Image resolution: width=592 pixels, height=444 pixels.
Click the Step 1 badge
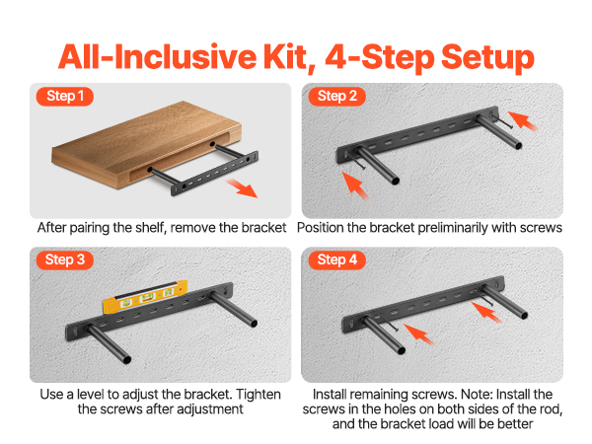point(64,97)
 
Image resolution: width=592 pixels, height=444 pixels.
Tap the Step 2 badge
point(336,97)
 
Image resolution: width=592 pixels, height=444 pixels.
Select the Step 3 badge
point(64,260)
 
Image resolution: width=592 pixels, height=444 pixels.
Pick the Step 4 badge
point(336,260)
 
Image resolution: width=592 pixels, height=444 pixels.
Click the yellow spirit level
point(145,297)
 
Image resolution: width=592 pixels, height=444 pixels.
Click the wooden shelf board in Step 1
point(146,144)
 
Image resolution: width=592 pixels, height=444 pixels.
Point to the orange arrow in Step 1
point(242,188)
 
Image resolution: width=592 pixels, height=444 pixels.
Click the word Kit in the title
point(289,56)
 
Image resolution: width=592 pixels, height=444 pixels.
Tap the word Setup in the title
point(487,58)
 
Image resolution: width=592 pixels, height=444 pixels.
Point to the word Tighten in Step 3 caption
point(259,395)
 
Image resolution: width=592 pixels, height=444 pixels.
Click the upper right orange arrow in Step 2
point(523,121)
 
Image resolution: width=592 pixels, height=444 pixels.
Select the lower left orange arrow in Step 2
point(355,185)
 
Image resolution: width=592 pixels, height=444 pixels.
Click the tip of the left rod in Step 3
point(127,360)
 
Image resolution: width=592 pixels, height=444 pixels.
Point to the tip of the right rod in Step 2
point(519,146)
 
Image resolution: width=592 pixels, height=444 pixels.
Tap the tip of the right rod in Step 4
point(524,315)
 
